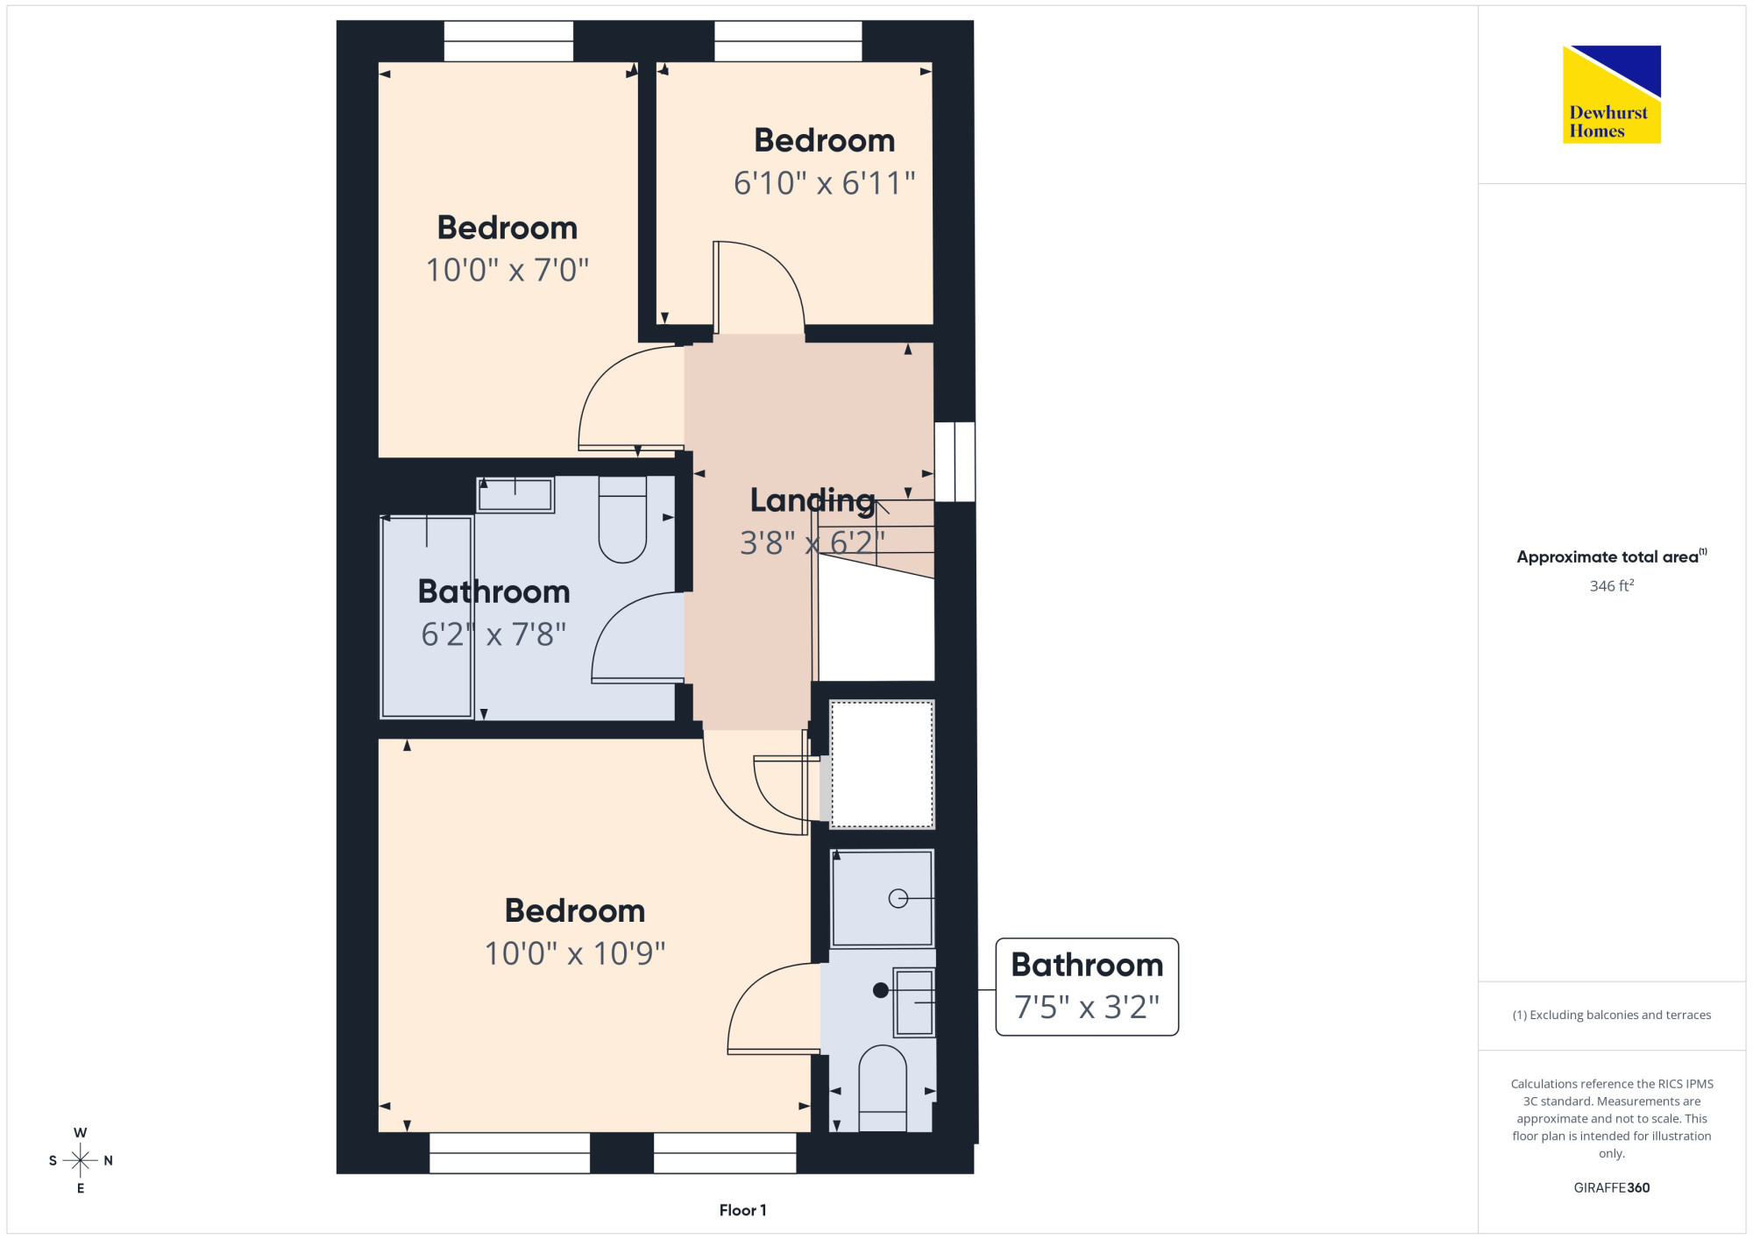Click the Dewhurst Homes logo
pos(1612,94)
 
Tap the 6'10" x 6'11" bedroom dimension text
pos(824,183)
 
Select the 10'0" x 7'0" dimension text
pos(507,270)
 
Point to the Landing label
pos(813,501)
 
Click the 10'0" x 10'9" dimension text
pos(575,953)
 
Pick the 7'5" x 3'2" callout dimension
pos(1087,1008)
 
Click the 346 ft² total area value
pos(1612,585)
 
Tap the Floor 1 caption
pos(742,1210)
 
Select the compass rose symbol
pos(81,1161)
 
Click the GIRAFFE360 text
pos(1612,1188)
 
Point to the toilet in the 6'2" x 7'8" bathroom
pos(622,519)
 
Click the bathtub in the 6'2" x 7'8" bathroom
pos(427,617)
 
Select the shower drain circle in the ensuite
pos(898,898)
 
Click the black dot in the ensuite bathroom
pos(881,990)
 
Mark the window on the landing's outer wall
pos(955,462)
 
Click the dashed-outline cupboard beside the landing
pos(882,764)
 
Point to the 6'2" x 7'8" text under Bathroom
pos(493,634)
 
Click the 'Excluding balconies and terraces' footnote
pos(1612,1015)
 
